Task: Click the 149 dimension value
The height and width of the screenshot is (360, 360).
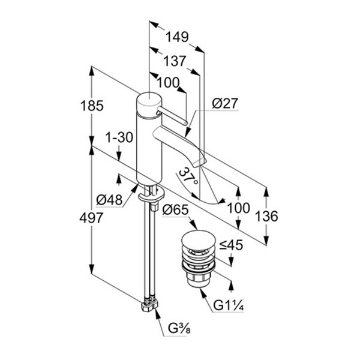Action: pyautogui.click(x=177, y=37)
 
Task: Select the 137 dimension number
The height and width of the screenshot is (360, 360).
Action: pyautogui.click(x=175, y=61)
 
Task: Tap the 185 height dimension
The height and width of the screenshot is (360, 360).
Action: pyautogui.click(x=92, y=106)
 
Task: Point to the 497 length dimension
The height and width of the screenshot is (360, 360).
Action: pyautogui.click(x=91, y=218)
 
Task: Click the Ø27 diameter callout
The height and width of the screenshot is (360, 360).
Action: pyautogui.click(x=225, y=104)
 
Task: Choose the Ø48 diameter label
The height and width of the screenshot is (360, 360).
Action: pyautogui.click(x=109, y=200)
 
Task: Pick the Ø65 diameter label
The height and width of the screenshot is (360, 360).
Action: pyautogui.click(x=175, y=210)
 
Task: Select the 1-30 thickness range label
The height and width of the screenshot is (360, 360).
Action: pyautogui.click(x=119, y=137)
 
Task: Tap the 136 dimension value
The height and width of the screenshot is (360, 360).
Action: pyautogui.click(x=266, y=216)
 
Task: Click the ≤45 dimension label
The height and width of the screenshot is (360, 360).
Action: pyautogui.click(x=231, y=245)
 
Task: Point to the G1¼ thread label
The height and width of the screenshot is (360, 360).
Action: pyautogui.click(x=228, y=305)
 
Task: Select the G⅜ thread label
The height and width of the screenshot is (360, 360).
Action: pyautogui.click(x=179, y=329)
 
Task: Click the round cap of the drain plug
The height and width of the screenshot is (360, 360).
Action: pyautogui.click(x=199, y=241)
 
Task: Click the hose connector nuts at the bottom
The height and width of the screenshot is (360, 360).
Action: pyautogui.click(x=149, y=305)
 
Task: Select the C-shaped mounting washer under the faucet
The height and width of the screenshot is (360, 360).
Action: pyautogui.click(x=151, y=194)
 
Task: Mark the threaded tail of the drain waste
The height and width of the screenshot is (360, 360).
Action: pyautogui.click(x=198, y=279)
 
